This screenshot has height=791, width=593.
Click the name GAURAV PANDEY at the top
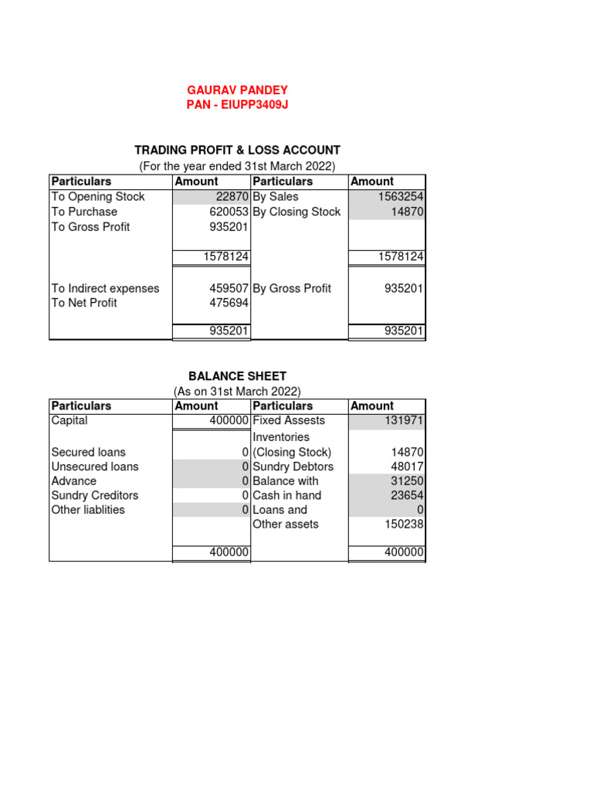[237, 90]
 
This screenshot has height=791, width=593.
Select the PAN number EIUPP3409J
[237, 105]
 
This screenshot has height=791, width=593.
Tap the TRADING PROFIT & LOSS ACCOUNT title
[237, 150]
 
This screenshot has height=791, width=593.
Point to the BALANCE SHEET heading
[237, 376]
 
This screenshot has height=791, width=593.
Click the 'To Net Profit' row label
[84, 303]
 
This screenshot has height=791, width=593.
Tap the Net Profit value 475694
[229, 303]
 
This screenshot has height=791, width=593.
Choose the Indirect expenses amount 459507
[229, 288]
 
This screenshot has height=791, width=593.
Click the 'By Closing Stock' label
[296, 212]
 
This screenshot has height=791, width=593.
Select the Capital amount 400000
[229, 421]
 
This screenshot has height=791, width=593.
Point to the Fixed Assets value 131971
[404, 421]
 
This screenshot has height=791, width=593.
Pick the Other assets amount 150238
[404, 525]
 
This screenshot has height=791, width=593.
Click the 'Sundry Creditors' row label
[95, 495]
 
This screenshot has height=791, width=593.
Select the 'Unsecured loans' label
[95, 467]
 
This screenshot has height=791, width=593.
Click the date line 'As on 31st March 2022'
[237, 391]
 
